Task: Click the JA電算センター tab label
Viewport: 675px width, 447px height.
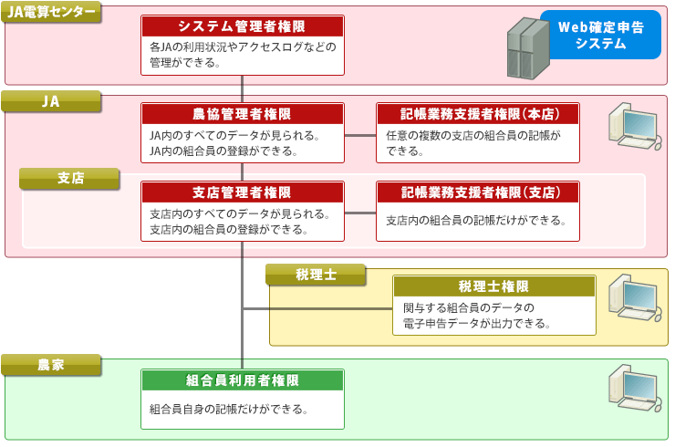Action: click(51, 12)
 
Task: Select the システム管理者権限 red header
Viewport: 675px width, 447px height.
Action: click(243, 26)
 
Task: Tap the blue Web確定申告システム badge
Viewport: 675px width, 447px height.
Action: click(601, 35)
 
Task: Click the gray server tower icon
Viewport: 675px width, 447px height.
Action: click(528, 48)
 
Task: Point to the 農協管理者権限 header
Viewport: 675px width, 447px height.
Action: click(243, 114)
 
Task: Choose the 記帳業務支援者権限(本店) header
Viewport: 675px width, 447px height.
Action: click(478, 114)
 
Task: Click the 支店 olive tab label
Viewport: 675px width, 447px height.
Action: click(69, 178)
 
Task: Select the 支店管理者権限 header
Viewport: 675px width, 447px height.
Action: click(243, 192)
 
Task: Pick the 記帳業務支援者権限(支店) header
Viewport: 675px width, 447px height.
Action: click(478, 192)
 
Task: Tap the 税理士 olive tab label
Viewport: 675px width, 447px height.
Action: click(316, 275)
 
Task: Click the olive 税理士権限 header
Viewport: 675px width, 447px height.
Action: click(494, 286)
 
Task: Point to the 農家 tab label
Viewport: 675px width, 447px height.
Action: click(51, 365)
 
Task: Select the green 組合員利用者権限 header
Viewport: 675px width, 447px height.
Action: click(243, 380)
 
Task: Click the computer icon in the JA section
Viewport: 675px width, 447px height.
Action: click(635, 126)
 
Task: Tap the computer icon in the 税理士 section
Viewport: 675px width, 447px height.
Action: click(635, 297)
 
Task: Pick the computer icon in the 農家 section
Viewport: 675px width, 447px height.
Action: click(635, 388)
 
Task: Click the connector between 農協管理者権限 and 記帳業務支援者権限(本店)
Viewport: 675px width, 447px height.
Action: click(360, 135)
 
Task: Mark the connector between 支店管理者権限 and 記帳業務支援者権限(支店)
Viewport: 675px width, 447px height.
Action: click(360, 213)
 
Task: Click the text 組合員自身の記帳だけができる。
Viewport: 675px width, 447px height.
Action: click(229, 409)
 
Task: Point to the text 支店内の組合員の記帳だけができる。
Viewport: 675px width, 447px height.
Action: click(475, 221)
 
